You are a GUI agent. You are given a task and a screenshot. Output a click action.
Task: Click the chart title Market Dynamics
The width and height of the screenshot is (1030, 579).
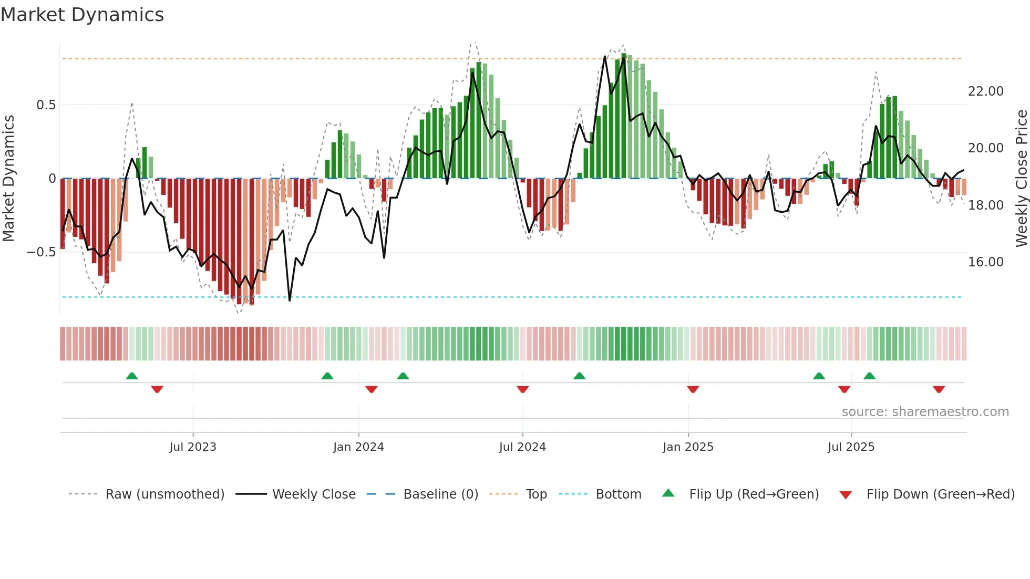[82, 15]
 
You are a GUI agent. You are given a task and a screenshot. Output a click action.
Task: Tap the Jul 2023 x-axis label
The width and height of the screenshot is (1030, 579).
[193, 447]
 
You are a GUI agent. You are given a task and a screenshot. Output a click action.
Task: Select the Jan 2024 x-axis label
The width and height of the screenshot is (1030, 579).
[358, 447]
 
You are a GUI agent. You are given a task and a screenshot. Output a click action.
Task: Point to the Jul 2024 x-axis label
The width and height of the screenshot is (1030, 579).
[522, 447]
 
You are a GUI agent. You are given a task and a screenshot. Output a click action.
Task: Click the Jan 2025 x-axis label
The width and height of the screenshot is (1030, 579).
[688, 447]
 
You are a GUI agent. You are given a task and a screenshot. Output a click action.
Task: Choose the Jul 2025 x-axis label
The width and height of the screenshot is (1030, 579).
[851, 447]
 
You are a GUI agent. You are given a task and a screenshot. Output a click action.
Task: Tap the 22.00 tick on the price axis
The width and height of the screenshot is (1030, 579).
[985, 91]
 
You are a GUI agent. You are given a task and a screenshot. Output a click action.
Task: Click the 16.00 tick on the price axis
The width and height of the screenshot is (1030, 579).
[985, 262]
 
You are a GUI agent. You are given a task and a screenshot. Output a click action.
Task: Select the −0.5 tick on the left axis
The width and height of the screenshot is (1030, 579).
[41, 252]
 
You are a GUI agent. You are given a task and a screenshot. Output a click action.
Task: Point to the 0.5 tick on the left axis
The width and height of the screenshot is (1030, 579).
[46, 105]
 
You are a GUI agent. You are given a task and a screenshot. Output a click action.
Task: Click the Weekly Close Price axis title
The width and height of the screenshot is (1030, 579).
[1021, 179]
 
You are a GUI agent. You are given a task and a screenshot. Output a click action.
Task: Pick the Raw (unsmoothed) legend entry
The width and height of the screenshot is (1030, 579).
[164, 494]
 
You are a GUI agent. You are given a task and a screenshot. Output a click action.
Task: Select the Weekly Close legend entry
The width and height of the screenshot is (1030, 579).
[314, 494]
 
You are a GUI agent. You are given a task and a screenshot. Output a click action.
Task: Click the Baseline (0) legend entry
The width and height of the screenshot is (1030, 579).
[440, 494]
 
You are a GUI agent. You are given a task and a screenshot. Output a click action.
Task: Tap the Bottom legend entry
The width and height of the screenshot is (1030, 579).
[618, 494]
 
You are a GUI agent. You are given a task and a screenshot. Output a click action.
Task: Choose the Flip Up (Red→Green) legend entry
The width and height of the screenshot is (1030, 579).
[754, 494]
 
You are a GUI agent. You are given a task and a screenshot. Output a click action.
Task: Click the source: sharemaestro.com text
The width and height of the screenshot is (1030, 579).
[925, 412]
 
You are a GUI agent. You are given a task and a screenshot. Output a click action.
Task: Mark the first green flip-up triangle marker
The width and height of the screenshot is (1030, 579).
[132, 376]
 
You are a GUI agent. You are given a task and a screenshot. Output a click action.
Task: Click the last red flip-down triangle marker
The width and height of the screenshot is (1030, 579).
[939, 389]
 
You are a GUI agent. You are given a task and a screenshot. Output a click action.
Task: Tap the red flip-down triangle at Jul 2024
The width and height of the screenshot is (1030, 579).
[522, 389]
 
